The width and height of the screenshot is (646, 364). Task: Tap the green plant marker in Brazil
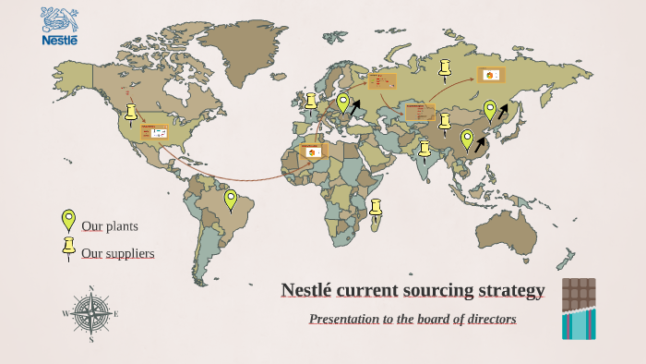tap(231, 199)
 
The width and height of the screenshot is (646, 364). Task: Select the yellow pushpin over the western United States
tap(131, 113)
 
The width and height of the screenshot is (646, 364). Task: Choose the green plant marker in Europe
tap(343, 103)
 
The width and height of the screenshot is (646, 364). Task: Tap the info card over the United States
tap(155, 133)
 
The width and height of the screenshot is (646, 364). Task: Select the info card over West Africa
tap(314, 152)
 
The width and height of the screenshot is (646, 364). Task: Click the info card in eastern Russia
tap(490, 75)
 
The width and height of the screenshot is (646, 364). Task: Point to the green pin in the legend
tap(67, 219)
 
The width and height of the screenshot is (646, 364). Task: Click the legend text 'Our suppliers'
tap(117, 253)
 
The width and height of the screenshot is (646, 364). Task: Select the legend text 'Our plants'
tap(110, 226)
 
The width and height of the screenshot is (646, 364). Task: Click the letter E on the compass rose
tap(116, 314)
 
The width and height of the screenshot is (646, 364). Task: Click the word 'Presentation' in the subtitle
tap(348, 319)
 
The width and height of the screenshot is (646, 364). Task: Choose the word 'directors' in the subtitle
tap(489, 319)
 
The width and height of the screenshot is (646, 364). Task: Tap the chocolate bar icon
tap(579, 309)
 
